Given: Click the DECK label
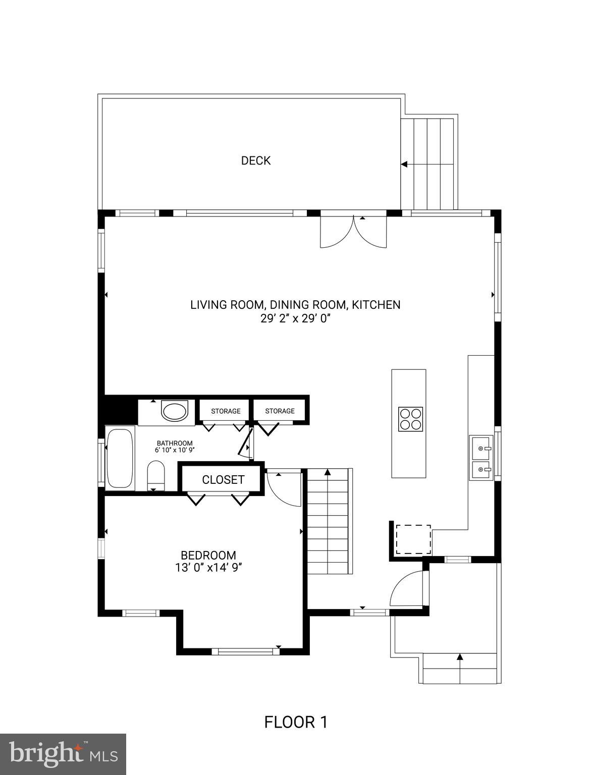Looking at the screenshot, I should pyautogui.click(x=255, y=160).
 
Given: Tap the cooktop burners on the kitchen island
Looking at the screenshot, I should pyautogui.click(x=411, y=419).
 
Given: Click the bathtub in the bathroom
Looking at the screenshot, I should pyautogui.click(x=120, y=458).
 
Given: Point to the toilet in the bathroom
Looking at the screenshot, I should pyautogui.click(x=155, y=475).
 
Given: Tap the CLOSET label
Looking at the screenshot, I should pyautogui.click(x=223, y=480).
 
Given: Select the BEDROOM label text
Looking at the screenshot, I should pyautogui.click(x=208, y=556).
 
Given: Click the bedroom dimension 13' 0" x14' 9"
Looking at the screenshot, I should pyautogui.click(x=208, y=568).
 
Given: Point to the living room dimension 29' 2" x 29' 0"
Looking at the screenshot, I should pyautogui.click(x=295, y=318).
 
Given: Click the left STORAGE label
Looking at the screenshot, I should pyautogui.click(x=226, y=411).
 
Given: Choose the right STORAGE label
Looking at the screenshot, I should pyautogui.click(x=280, y=411).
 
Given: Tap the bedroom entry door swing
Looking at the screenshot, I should pyautogui.click(x=284, y=488).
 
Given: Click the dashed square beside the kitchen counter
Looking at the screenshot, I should pyautogui.click(x=413, y=539).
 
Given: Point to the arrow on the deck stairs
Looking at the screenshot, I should pyautogui.click(x=405, y=164).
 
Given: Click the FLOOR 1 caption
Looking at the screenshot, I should pyautogui.click(x=296, y=722).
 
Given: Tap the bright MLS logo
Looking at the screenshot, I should pyautogui.click(x=63, y=754).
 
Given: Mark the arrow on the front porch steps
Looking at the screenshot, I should pyautogui.click(x=459, y=657).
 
